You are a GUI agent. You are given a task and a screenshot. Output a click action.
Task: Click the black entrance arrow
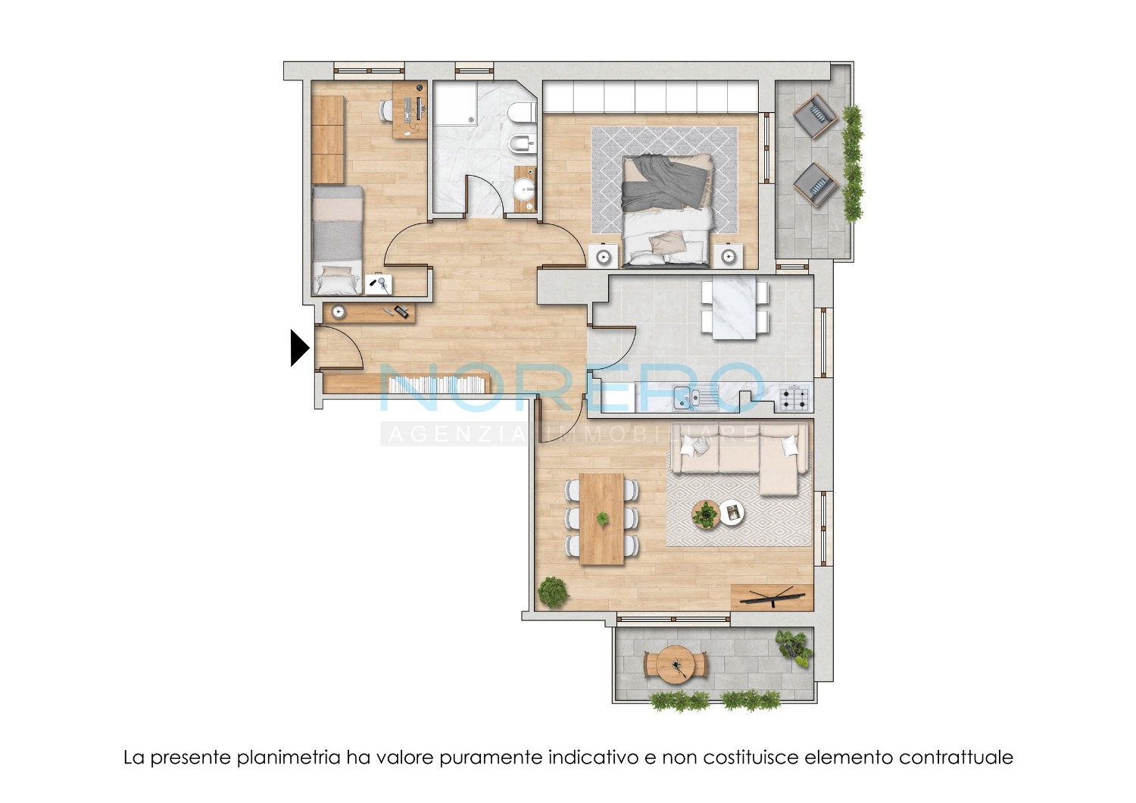(x=298, y=348)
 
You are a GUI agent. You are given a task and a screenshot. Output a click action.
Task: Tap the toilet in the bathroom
(x=523, y=111)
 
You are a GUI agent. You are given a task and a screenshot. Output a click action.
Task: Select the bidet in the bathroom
(x=523, y=144)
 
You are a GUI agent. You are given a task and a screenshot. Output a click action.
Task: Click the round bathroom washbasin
(x=524, y=189)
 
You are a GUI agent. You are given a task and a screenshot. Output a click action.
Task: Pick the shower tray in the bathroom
(x=455, y=104)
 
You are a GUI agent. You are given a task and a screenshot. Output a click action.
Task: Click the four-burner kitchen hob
(x=794, y=398)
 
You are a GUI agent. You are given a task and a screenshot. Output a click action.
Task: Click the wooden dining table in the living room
(x=601, y=519)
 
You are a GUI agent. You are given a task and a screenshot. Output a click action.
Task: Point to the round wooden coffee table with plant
(x=705, y=514)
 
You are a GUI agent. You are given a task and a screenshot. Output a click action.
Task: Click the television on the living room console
(x=772, y=596)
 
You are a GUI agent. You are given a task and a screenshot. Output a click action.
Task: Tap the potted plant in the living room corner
(x=552, y=592)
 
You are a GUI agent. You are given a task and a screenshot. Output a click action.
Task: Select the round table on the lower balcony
(x=676, y=665)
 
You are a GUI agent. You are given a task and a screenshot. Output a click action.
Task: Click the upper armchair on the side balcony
(x=815, y=116)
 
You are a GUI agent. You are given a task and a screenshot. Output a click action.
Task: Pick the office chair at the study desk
(x=387, y=110)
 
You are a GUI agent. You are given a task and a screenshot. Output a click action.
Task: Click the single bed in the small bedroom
(x=337, y=240)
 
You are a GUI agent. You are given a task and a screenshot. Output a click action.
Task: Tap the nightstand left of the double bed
(x=603, y=257)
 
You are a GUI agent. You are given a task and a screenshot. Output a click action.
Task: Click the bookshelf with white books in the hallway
(x=438, y=385)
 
